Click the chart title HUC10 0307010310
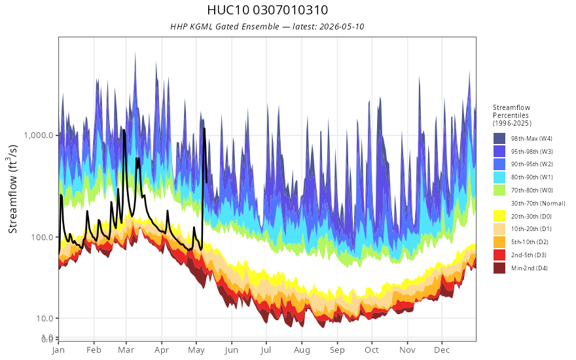268,10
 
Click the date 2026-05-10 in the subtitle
342,27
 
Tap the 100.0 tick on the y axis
45,237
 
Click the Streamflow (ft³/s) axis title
12,189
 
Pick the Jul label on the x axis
266,350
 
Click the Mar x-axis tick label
126,350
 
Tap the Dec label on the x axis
442,350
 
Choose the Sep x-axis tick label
337,350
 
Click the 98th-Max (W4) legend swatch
499,139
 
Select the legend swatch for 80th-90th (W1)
499,177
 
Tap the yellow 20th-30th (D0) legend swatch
499,217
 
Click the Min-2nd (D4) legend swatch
499,268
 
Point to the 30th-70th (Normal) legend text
538,204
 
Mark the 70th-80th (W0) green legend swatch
499,190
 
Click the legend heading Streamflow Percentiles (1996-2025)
512,115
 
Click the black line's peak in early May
204,128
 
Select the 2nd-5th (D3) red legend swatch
499,255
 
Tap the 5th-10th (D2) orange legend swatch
499,242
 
